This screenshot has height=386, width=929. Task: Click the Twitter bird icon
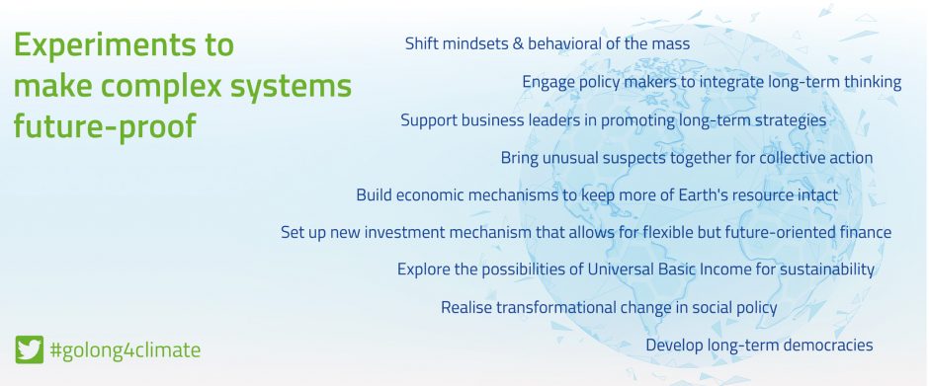pyautogui.click(x=29, y=349)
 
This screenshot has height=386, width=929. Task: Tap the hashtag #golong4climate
pyautogui.click(x=126, y=350)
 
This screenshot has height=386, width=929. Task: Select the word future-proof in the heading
pyautogui.click(x=105, y=127)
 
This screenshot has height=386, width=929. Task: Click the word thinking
pyautogui.click(x=874, y=82)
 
